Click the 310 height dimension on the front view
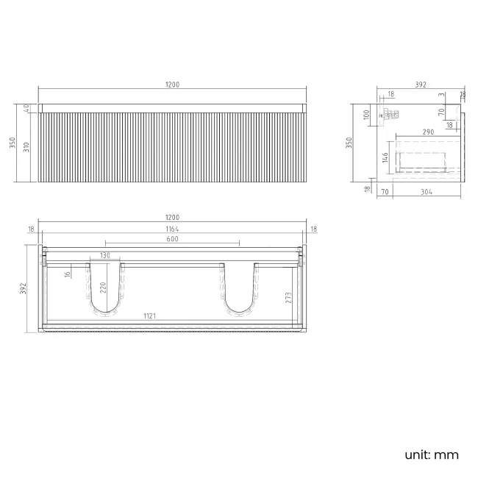(x=27, y=150)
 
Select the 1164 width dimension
(x=172, y=229)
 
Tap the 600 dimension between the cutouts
(x=172, y=239)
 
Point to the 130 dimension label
(x=105, y=255)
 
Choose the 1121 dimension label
(x=149, y=316)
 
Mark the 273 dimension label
(x=289, y=297)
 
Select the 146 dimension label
(x=384, y=157)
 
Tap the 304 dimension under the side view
(x=427, y=193)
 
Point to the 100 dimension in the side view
(x=365, y=115)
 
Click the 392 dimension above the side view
(x=421, y=85)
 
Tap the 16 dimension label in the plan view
(x=67, y=274)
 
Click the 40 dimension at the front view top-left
(x=27, y=107)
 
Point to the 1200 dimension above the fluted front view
(x=172, y=85)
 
